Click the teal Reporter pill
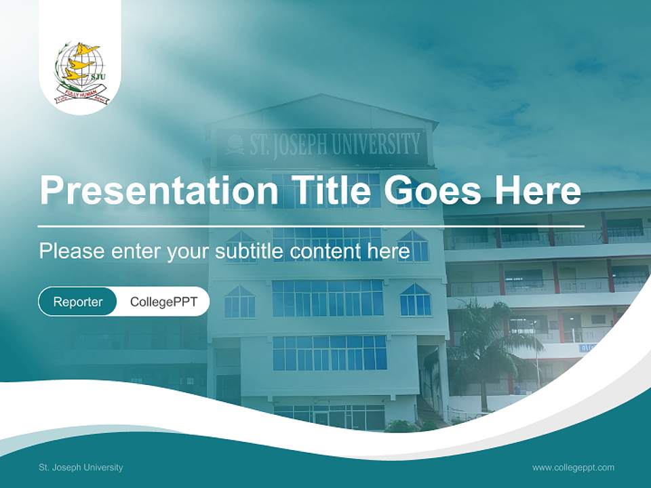tap(77, 302)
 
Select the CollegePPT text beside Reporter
tap(163, 302)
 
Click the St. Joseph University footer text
tap(81, 467)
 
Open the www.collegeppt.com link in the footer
tap(573, 467)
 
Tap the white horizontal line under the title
tap(311, 226)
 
